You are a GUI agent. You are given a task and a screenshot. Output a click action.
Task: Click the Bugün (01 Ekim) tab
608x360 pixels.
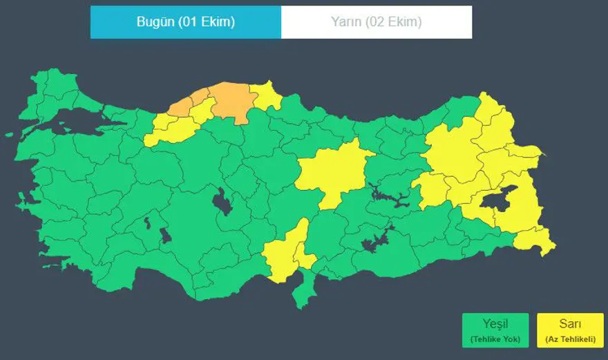pos(185,22)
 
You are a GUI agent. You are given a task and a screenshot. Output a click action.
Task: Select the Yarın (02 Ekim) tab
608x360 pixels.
pos(377,22)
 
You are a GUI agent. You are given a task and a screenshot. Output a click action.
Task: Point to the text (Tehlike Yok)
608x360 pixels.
pos(495,339)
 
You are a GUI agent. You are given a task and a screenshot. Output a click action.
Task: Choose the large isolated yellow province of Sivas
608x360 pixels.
pos(335,170)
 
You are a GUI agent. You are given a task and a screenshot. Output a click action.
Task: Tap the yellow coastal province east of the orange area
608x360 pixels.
pos(266,97)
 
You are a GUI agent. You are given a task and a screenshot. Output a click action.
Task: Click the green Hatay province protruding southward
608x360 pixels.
pos(302,290)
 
